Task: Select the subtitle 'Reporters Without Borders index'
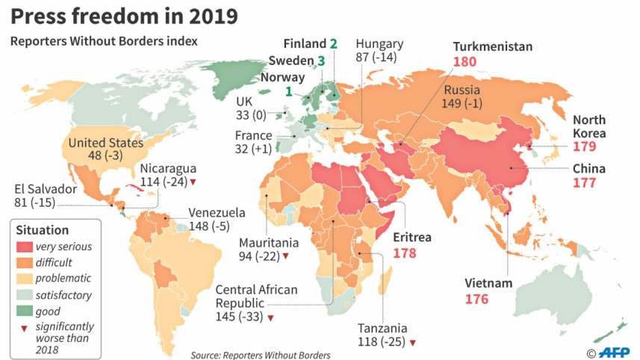pos(104,42)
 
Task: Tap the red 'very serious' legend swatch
pos(28,246)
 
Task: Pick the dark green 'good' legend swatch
pos(28,311)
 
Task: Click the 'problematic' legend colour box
pos(28,279)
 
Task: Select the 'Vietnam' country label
pos(488,284)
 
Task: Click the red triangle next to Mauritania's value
pos(285,257)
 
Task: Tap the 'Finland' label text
pos(305,44)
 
